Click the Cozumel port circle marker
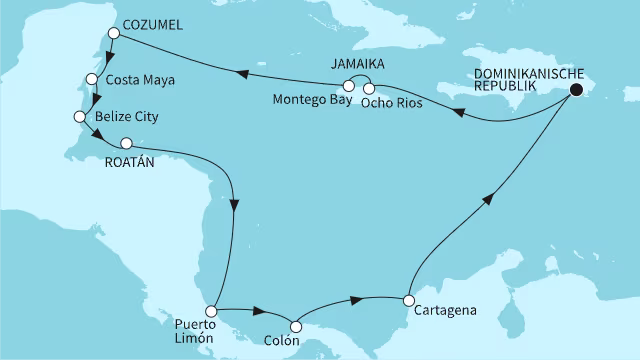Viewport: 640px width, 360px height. [x=114, y=33]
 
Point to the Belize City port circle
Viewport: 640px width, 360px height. [x=80, y=117]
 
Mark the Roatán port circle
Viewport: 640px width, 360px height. [x=126, y=143]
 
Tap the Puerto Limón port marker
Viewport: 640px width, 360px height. [x=211, y=311]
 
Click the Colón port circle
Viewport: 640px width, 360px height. [x=295, y=325]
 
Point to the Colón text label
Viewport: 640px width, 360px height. [x=285, y=344]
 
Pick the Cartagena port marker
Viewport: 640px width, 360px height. [x=408, y=299]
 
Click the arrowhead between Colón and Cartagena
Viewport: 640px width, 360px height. [x=354, y=298]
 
